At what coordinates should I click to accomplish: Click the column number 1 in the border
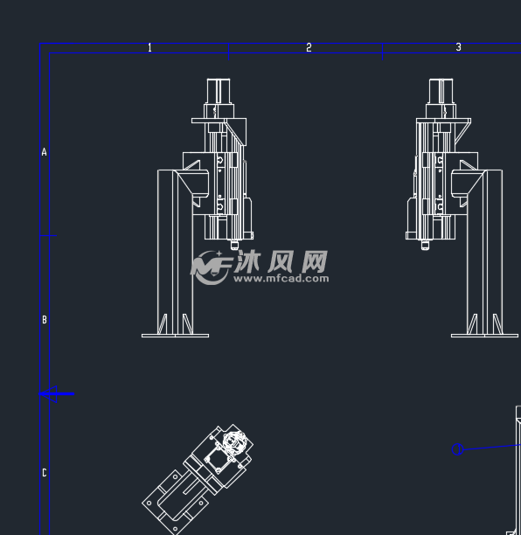(149, 48)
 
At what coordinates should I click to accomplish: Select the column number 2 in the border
(309, 47)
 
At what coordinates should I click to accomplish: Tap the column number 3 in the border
(458, 47)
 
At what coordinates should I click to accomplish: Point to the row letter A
(44, 152)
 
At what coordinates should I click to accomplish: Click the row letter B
(45, 320)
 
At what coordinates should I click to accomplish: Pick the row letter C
(45, 473)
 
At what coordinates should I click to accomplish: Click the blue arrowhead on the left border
(48, 394)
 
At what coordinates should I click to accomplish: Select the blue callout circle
(457, 449)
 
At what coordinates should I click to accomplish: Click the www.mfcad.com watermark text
(281, 278)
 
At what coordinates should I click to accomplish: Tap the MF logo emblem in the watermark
(211, 267)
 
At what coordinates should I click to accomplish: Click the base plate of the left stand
(175, 336)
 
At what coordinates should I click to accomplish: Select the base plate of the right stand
(484, 336)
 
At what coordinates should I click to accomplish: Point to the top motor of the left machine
(219, 91)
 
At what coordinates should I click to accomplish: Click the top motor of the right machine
(441, 91)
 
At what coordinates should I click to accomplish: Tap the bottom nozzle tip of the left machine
(234, 246)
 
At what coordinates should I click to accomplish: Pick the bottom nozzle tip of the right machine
(425, 246)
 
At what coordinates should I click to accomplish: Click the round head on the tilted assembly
(233, 441)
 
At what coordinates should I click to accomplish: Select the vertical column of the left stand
(175, 252)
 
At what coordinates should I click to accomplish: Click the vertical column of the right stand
(484, 252)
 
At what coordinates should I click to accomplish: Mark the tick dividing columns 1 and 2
(229, 52)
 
